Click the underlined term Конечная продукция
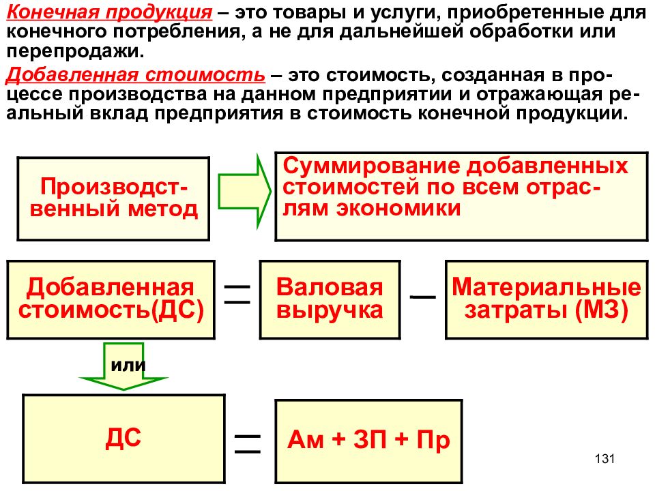tap(109, 12)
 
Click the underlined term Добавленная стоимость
tap(136, 75)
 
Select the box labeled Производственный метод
tap(113, 198)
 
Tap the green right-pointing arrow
tap(244, 192)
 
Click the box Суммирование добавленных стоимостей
tap(462, 196)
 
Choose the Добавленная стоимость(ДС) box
tap(111, 300)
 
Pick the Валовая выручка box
tap(330, 300)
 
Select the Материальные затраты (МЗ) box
tap(547, 300)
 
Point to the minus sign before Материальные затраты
tap(423, 297)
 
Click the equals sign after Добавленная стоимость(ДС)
tap(237, 295)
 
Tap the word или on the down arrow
tap(128, 366)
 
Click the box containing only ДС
tap(123, 438)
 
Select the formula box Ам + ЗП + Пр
tap(369, 441)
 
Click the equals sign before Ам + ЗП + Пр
tap(247, 444)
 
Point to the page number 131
tap(605, 459)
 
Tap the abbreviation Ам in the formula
tap(306, 440)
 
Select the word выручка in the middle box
tap(330, 311)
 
